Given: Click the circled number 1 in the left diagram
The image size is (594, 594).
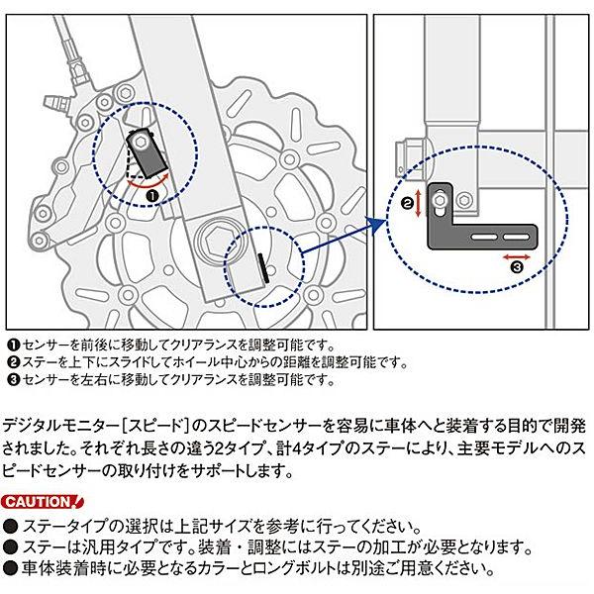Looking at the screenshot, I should [x=152, y=196].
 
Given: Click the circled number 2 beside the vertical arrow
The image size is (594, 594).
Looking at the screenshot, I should [x=406, y=203].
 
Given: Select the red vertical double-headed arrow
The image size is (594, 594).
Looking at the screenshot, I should [x=421, y=204].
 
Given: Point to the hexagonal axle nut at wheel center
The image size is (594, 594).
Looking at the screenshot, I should [x=213, y=239].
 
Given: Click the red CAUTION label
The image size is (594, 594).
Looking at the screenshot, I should [x=38, y=502].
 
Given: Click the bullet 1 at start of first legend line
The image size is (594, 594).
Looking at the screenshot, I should [x=12, y=344].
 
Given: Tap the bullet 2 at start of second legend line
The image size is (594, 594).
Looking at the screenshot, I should [x=12, y=361].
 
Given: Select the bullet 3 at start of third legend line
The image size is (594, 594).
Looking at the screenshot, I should [x=12, y=379].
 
